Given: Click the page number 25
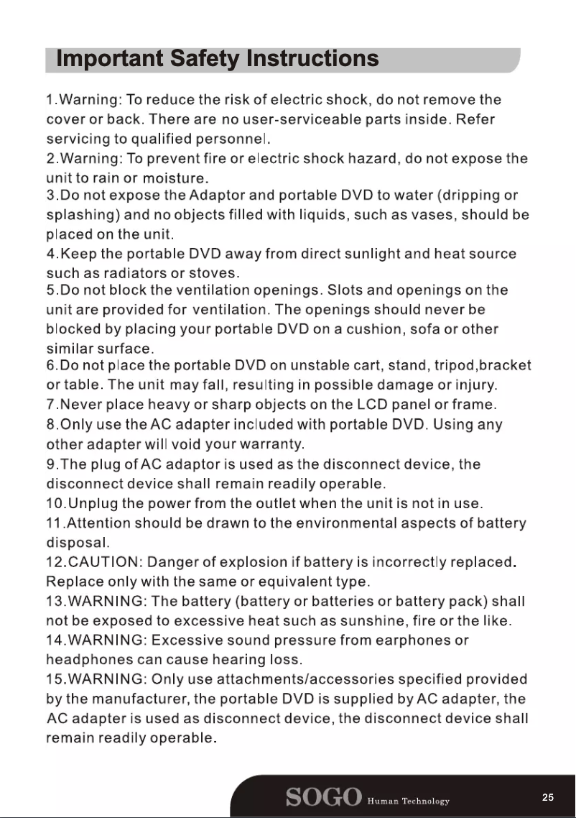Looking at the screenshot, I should tap(548, 798).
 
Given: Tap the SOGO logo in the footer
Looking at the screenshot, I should tap(323, 799).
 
